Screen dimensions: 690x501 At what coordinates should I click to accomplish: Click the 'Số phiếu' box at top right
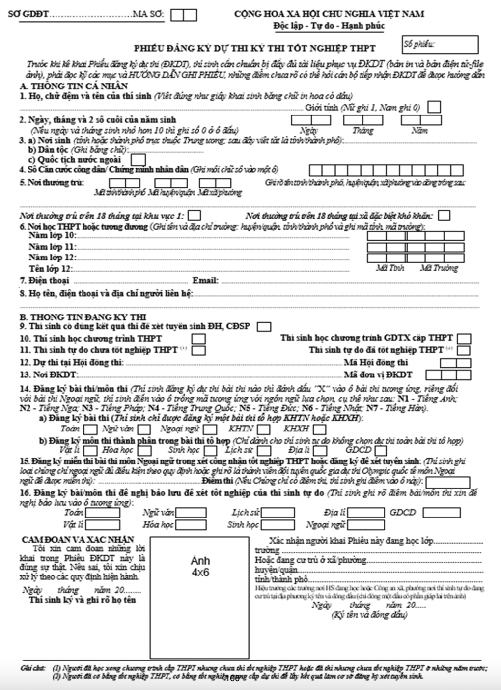pyautogui.click(x=440, y=45)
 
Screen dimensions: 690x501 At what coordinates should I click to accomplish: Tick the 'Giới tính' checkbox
pyautogui.click(x=434, y=107)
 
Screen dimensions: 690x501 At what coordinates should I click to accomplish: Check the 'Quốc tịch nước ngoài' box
pyautogui.click(x=139, y=160)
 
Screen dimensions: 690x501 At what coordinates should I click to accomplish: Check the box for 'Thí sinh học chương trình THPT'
pyautogui.click(x=198, y=339)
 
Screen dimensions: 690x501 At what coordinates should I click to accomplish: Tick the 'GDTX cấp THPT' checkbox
pyautogui.click(x=463, y=339)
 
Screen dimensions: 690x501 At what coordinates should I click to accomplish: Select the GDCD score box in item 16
pyautogui.click(x=441, y=513)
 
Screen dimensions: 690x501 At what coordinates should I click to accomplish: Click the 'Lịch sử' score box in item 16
pyautogui.click(x=278, y=513)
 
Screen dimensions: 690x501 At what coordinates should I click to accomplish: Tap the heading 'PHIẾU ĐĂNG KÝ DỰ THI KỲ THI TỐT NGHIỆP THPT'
pyautogui.click(x=254, y=48)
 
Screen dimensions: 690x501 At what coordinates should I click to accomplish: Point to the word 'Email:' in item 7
pyautogui.click(x=205, y=281)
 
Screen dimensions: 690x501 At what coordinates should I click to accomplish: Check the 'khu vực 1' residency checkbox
pyautogui.click(x=195, y=216)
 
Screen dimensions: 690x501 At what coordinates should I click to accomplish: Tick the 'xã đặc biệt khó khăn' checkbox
pyautogui.click(x=444, y=216)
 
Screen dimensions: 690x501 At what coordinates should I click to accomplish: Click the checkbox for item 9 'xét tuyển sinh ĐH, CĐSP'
pyautogui.click(x=264, y=326)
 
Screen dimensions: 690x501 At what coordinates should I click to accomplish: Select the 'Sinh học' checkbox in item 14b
pyautogui.click(x=210, y=450)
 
